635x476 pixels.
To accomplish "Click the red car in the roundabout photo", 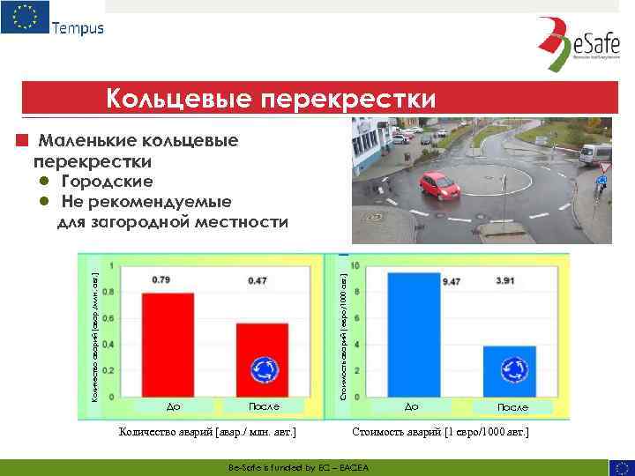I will click(x=441, y=185).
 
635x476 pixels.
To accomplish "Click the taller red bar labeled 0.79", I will click(x=167, y=344).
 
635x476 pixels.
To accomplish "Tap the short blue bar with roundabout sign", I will click(x=510, y=370).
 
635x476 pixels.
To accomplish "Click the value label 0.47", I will click(x=258, y=280).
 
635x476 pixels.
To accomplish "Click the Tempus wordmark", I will click(x=77, y=27).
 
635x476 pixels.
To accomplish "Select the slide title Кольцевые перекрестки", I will click(x=271, y=99).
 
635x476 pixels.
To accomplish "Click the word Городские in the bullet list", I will click(x=107, y=182).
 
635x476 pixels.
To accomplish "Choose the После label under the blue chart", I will click(x=512, y=407).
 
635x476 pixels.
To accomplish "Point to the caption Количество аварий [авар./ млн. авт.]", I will click(x=207, y=433).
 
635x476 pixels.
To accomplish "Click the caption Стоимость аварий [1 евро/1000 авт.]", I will click(x=440, y=433).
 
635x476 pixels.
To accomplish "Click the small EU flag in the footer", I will click(x=620, y=467).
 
